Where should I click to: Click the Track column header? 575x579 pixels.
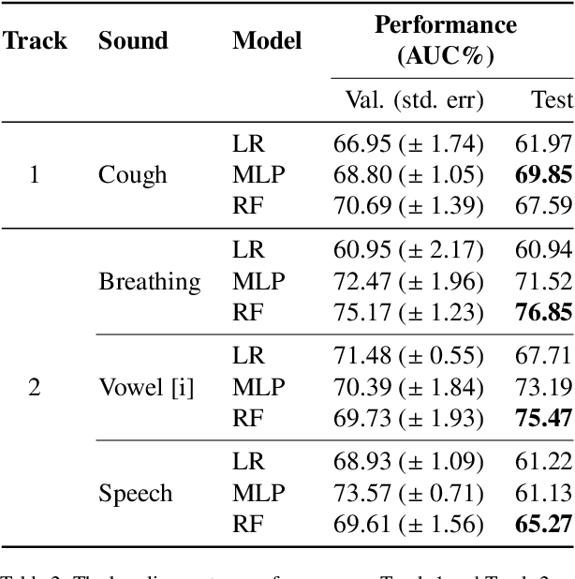[x=35, y=40]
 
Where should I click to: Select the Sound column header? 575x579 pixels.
[x=133, y=40]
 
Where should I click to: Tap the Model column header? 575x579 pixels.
[x=267, y=40]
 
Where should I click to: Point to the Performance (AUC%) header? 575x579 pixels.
[x=445, y=39]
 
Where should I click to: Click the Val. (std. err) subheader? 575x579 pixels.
[x=408, y=100]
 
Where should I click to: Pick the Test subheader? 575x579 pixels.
[x=552, y=100]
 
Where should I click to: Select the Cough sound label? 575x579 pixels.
[x=133, y=175]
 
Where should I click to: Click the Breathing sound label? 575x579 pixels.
[x=150, y=282]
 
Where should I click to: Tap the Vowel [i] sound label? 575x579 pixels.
[x=146, y=388]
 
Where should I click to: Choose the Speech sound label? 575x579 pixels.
[x=136, y=494]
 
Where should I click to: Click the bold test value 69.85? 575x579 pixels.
[x=543, y=175]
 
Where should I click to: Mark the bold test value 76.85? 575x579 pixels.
[x=543, y=313]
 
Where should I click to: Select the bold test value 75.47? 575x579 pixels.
[x=543, y=419]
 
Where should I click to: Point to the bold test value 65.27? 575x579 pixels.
[x=543, y=525]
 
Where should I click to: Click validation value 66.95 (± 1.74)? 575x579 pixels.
[x=408, y=144]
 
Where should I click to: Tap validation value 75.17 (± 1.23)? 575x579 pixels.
[x=408, y=313]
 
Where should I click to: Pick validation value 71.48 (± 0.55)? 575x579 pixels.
[x=408, y=357]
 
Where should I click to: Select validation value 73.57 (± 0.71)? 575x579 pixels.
[x=408, y=494]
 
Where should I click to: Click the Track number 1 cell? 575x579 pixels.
[x=35, y=175]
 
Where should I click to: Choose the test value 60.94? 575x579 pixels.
[x=543, y=251]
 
